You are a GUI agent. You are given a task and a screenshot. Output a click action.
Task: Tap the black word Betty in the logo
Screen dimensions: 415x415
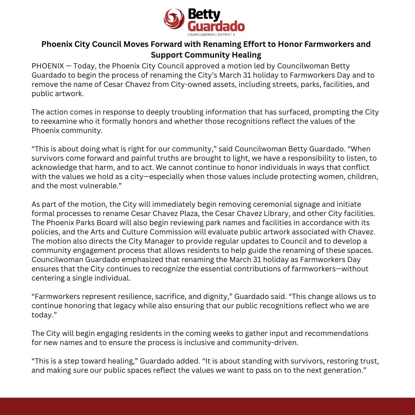pos(204,15)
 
